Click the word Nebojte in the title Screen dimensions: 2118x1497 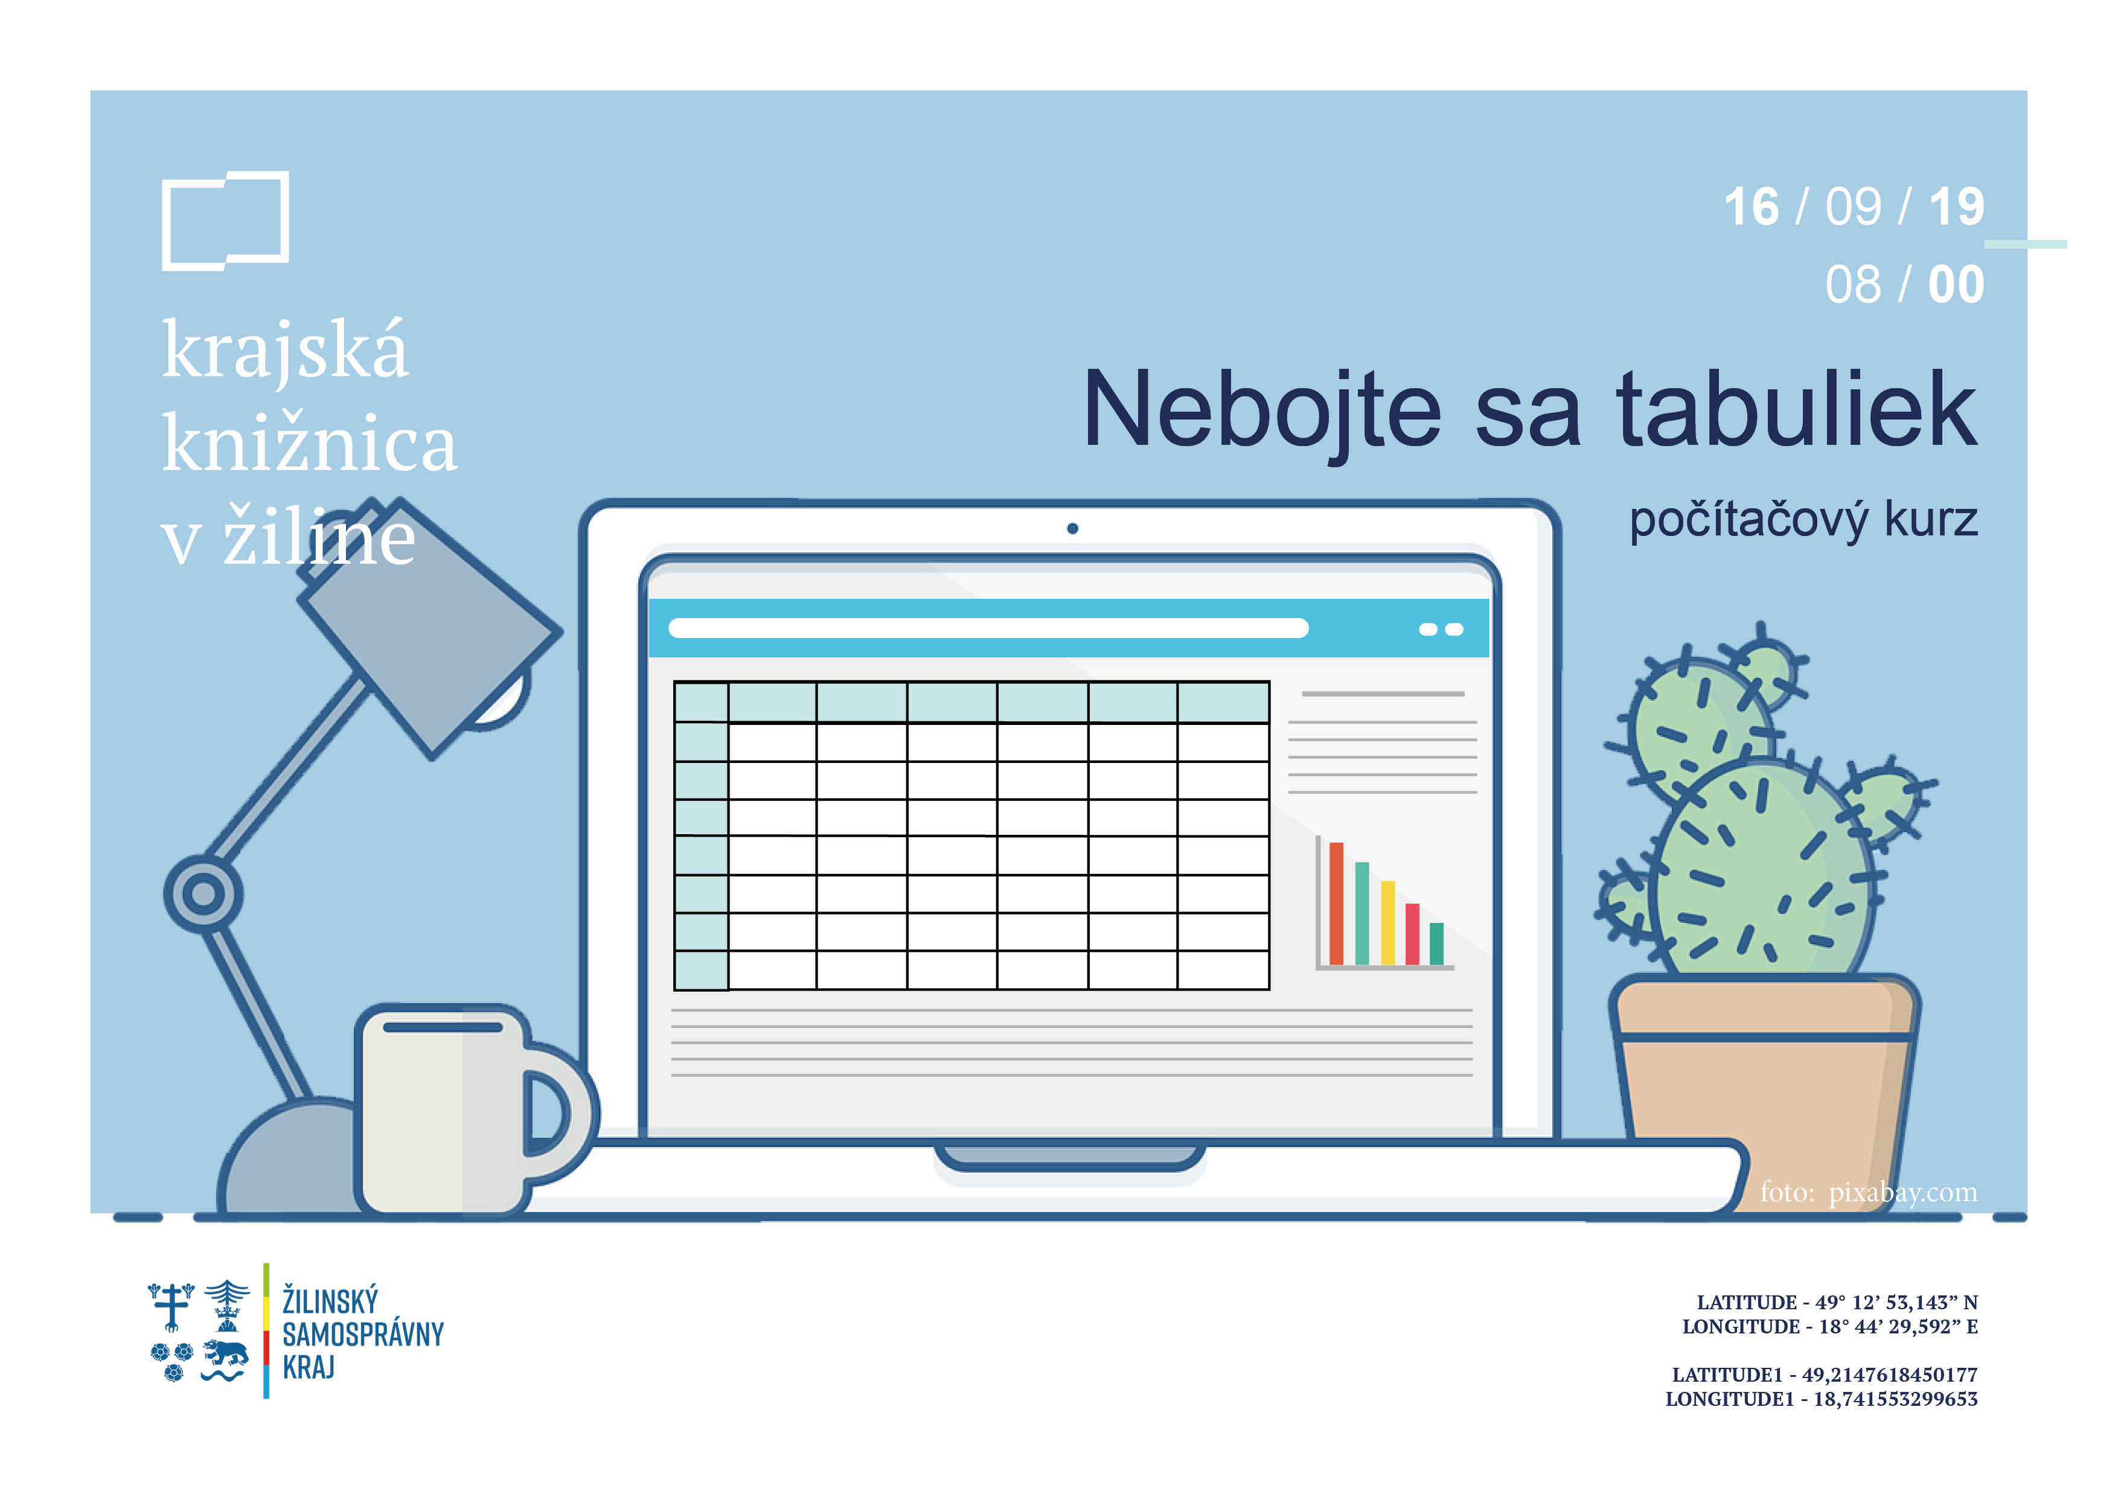pos(1262,410)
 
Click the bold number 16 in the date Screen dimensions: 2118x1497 pos(1752,206)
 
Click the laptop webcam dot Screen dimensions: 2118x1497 pos(1072,529)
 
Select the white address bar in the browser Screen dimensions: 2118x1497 pos(988,628)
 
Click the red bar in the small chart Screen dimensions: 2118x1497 pos(1336,904)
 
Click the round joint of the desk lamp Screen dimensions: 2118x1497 pos(203,893)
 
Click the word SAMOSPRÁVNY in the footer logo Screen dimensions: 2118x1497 pos(362,1334)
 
